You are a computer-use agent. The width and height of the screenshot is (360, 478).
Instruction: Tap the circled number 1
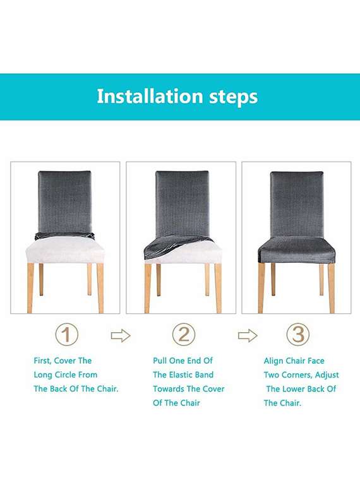(x=66, y=334)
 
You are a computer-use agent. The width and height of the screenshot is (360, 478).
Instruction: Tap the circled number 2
(x=183, y=334)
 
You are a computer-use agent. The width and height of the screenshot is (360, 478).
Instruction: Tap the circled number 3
(x=297, y=334)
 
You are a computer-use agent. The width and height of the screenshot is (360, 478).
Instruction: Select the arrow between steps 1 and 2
(x=121, y=335)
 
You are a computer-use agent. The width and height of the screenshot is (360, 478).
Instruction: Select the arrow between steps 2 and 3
(x=248, y=335)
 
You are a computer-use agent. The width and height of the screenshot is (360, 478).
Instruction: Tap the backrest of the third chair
(x=297, y=202)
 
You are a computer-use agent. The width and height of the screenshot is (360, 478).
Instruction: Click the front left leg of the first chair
(x=30, y=287)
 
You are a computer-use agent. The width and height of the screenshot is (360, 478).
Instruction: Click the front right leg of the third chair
(x=332, y=287)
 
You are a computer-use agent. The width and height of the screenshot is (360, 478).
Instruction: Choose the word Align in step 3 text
(x=275, y=361)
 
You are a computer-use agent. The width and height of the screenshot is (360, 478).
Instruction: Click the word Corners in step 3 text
(x=301, y=374)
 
